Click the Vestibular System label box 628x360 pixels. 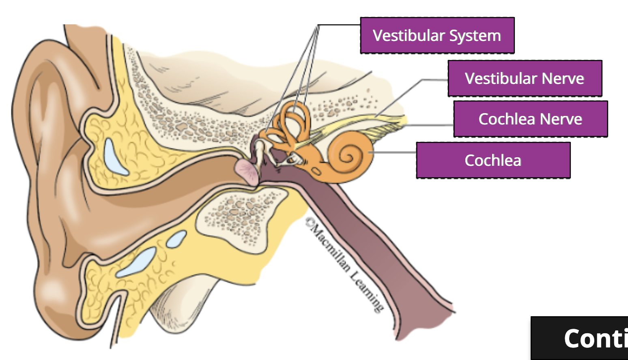click(x=437, y=35)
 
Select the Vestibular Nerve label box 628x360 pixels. click(x=525, y=78)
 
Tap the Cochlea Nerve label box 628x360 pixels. click(x=530, y=119)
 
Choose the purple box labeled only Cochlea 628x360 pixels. click(x=493, y=160)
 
